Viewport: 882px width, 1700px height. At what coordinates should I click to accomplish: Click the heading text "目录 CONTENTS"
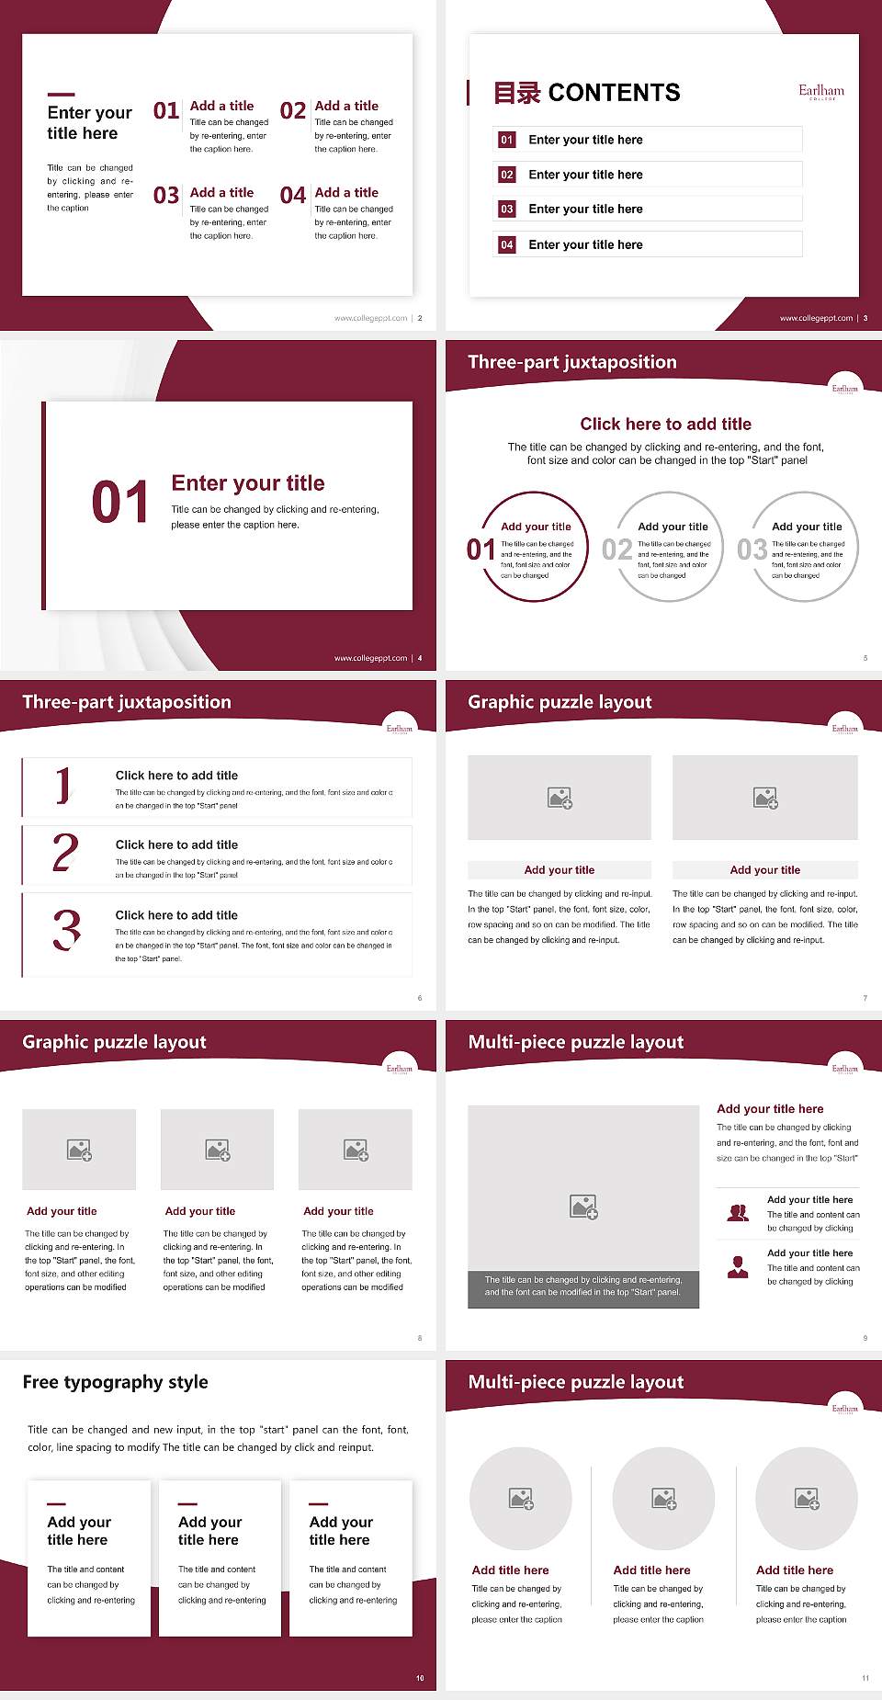tap(587, 93)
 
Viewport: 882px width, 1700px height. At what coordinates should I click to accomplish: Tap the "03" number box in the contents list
tap(507, 210)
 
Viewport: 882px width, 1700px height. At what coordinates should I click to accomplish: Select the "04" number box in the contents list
tap(507, 245)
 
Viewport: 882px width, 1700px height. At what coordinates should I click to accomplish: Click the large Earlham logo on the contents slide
tap(820, 91)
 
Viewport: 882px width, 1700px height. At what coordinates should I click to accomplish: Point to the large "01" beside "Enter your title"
tap(119, 503)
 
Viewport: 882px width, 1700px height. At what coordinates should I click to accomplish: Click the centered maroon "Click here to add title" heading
tap(665, 424)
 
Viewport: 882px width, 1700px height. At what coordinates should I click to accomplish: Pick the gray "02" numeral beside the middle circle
tap(616, 550)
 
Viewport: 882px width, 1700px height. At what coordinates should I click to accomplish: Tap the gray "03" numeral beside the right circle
tap(752, 550)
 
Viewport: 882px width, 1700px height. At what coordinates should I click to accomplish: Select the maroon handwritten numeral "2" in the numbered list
tap(65, 853)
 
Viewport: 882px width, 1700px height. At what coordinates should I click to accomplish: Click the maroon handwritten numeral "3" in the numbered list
tap(66, 929)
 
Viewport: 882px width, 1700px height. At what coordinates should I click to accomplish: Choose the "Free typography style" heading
tap(115, 1382)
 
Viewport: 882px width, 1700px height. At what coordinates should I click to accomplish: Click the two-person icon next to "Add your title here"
tap(738, 1213)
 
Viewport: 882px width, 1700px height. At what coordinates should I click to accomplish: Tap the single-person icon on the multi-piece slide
tap(738, 1267)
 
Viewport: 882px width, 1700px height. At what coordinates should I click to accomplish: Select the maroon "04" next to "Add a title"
tap(293, 196)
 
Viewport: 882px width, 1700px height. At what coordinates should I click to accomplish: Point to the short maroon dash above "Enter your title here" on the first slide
tap(61, 95)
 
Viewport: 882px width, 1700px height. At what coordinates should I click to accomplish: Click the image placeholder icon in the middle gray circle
tap(664, 1499)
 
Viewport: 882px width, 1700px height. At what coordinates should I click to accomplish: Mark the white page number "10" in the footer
tap(420, 1678)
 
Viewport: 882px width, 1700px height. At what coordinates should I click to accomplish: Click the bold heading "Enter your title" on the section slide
tap(248, 483)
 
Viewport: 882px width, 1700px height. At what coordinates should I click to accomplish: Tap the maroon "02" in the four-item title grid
tap(293, 111)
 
